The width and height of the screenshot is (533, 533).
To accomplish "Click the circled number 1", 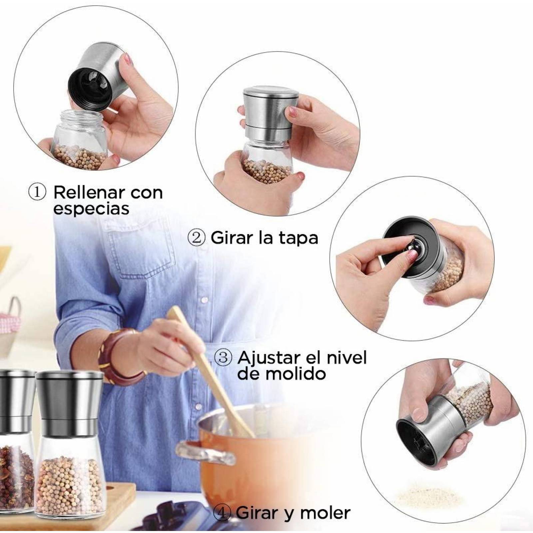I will coord(37,193).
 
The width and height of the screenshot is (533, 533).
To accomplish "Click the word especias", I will coord(91,209).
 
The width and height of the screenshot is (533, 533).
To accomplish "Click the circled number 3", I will coord(223,358).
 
